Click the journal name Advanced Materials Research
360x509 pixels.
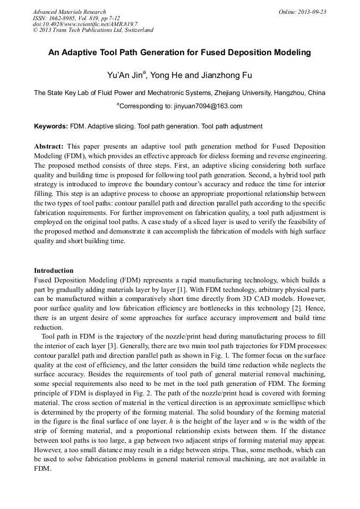click(69, 12)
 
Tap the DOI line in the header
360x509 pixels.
click(85, 24)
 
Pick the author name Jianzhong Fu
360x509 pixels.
click(221, 75)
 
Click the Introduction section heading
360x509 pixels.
click(54, 270)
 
